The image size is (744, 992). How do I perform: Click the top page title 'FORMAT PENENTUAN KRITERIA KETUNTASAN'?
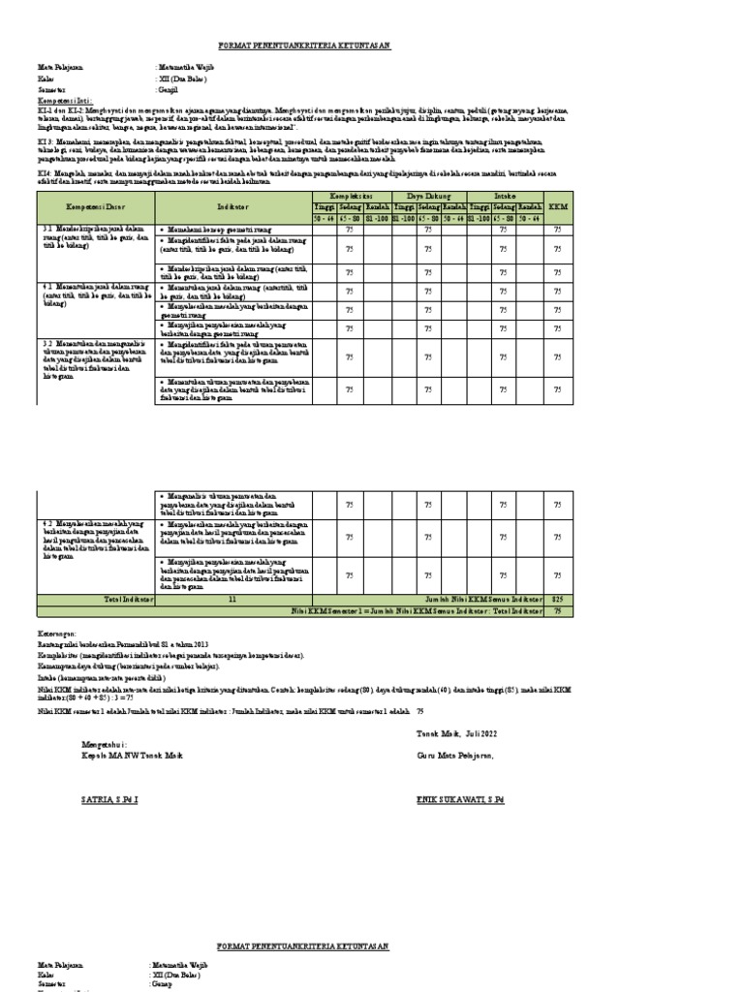tap(303, 46)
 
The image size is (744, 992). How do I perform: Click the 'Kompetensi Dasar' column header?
tap(95, 207)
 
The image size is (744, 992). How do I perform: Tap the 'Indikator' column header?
tap(233, 207)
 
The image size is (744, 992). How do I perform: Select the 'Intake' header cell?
tap(503, 196)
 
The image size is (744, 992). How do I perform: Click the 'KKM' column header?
tap(557, 207)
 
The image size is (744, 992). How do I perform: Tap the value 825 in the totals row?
tap(557, 600)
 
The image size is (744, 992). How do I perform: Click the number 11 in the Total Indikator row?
tap(232, 600)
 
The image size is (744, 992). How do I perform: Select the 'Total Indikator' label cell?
tap(95, 600)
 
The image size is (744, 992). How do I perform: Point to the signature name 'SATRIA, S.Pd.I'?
tap(110, 802)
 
